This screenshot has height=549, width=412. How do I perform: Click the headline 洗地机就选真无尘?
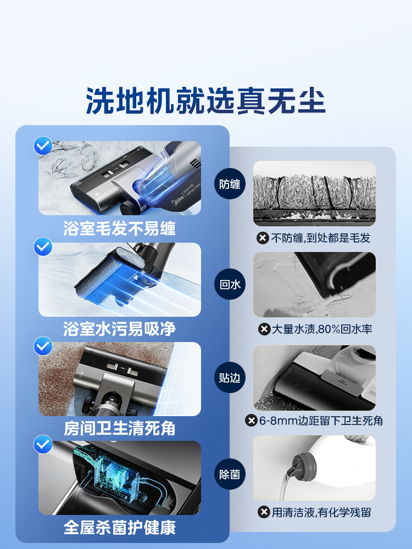(206, 100)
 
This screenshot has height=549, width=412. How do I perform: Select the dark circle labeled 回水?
(230, 284)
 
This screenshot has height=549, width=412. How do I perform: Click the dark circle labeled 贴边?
(230, 378)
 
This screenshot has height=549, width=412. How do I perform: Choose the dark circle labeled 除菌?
(230, 474)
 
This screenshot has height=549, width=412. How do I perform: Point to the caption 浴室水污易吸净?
(119, 328)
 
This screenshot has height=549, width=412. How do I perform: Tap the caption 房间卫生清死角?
(119, 428)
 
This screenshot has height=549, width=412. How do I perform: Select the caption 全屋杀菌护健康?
(119, 528)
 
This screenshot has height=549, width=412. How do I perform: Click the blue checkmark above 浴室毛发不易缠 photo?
(43, 147)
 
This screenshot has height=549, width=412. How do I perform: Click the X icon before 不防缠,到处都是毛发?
(263, 238)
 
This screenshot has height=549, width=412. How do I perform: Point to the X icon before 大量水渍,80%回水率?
(264, 329)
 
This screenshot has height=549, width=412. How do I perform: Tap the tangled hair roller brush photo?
(314, 193)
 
